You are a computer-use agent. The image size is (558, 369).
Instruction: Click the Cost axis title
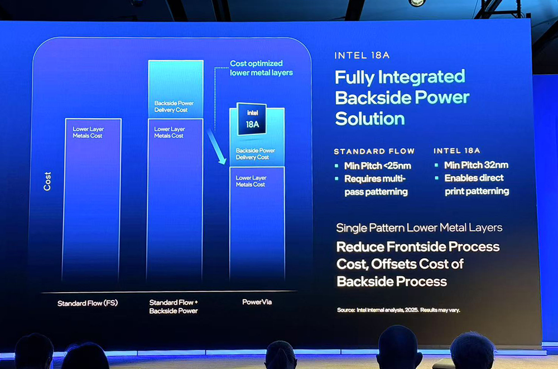click(47, 181)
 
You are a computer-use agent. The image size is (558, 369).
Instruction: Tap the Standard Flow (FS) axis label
click(88, 303)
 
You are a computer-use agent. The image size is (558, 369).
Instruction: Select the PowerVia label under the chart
click(257, 302)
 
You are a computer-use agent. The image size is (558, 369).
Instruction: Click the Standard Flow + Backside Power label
click(174, 307)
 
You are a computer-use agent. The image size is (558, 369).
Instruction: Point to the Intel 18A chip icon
click(252, 119)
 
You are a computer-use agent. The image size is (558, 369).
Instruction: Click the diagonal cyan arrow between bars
click(217, 147)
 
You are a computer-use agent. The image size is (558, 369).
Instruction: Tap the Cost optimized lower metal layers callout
click(261, 68)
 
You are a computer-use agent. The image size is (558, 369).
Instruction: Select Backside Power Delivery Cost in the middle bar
click(174, 106)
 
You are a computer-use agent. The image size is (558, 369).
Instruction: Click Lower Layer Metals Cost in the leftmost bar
click(88, 132)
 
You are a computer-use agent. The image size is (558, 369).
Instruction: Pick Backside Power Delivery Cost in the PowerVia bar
click(255, 154)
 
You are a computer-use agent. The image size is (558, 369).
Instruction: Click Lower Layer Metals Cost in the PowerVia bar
click(251, 181)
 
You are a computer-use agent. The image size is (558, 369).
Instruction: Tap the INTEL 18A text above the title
click(362, 55)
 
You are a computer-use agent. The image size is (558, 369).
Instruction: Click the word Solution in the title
click(370, 118)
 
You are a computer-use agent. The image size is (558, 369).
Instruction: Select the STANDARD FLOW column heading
click(374, 152)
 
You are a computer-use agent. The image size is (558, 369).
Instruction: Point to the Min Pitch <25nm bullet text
click(378, 166)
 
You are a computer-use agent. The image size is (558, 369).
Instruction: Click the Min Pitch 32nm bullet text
click(476, 166)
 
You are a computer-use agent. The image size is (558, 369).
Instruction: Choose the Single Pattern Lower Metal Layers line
click(419, 227)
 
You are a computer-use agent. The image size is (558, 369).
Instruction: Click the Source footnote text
click(398, 310)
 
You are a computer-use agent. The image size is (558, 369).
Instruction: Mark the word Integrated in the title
click(421, 77)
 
